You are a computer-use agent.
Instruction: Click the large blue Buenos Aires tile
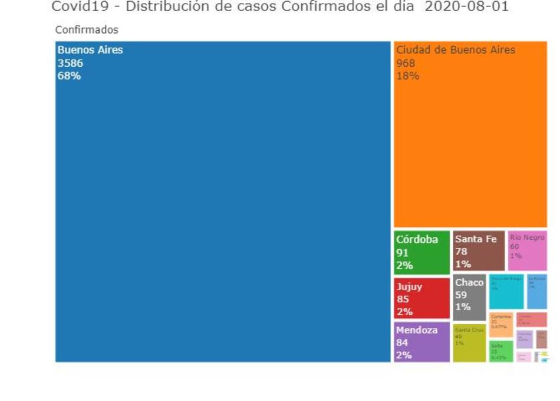point(223,201)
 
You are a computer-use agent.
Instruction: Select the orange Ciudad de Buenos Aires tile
point(470,134)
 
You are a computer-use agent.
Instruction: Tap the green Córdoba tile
point(421,252)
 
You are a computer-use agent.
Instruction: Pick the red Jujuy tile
point(421,298)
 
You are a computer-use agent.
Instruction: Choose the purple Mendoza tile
point(421,342)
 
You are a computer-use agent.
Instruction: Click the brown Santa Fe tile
point(479,251)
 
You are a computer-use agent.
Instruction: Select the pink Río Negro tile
point(527,250)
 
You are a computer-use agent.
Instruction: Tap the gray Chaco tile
point(469,296)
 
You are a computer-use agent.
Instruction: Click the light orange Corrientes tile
point(501,324)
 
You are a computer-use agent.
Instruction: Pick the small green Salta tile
point(501,351)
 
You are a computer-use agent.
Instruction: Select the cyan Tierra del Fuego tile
point(506,292)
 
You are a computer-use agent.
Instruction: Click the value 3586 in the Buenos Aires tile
point(70,63)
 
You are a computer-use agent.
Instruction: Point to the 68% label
point(69,76)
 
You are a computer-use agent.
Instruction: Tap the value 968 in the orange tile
point(406,63)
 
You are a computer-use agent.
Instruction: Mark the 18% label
point(407,76)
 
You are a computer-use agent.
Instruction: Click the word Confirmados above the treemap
point(87,30)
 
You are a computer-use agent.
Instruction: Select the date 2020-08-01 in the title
point(466,6)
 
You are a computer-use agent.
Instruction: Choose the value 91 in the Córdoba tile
point(402,253)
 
